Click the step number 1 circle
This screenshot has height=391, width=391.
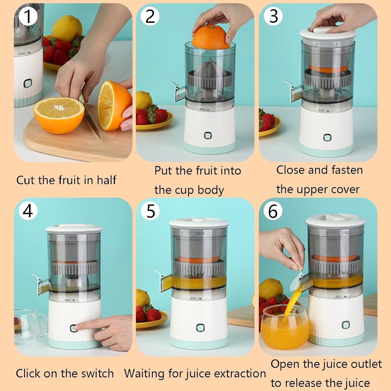pyautogui.click(x=28, y=16)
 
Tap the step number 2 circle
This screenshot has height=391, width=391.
pyautogui.click(x=150, y=16)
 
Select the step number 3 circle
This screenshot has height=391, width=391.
pyautogui.click(x=273, y=16)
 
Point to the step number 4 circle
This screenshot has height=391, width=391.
pyautogui.click(x=28, y=211)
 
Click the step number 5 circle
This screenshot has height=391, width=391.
pyautogui.click(x=150, y=211)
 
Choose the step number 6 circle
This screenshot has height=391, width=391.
pyautogui.click(x=273, y=211)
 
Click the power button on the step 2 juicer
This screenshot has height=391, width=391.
pyautogui.click(x=208, y=135)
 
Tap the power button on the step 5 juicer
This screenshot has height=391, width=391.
pyautogui.click(x=200, y=328)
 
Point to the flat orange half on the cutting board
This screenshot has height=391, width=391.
pyautogui.click(x=59, y=115)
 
